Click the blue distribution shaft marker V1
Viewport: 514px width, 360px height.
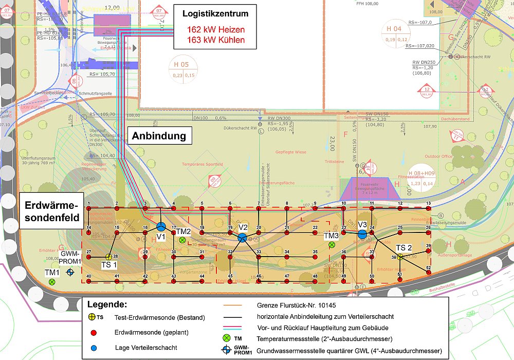pyautogui.click(x=161, y=227)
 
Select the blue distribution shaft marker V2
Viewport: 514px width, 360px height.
pyautogui.click(x=243, y=237)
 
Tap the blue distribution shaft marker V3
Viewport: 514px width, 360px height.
pyautogui.click(x=362, y=234)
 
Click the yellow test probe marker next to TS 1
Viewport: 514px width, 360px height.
pyautogui.click(x=108, y=257)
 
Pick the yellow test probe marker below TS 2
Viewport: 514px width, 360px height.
pyautogui.click(x=399, y=257)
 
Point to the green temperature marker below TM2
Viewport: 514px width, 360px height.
pyautogui.click(x=182, y=240)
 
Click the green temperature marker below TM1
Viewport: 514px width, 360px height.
pyautogui.click(x=52, y=281)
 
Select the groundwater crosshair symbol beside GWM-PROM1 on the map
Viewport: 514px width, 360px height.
pyautogui.click(x=70, y=271)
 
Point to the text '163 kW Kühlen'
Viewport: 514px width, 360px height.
pyautogui.click(x=215, y=40)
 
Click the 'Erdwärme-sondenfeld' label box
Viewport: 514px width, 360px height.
pyautogui.click(x=51, y=211)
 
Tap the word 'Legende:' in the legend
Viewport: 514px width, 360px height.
pyautogui.click(x=107, y=304)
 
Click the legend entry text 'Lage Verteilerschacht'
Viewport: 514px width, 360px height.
pyautogui.click(x=146, y=348)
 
